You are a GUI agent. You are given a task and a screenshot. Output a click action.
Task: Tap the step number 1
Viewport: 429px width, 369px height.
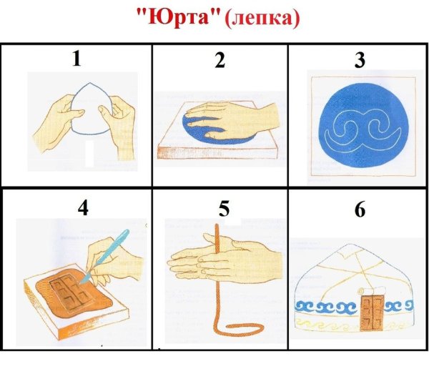coord(76,59)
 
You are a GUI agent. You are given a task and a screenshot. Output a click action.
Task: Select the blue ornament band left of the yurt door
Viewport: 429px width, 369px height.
coord(325,307)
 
